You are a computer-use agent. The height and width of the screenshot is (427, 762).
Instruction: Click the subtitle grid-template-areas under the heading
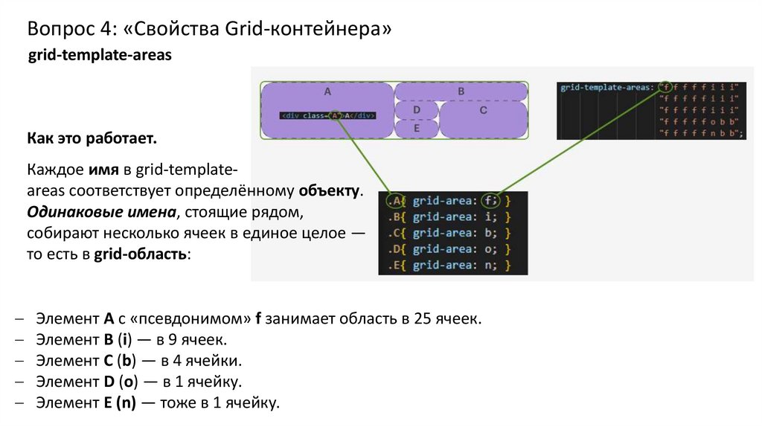click(100, 56)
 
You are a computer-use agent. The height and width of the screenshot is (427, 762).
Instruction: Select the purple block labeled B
click(461, 91)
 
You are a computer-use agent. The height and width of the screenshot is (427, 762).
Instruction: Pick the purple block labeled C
click(483, 119)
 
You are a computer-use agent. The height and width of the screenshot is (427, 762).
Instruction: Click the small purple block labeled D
click(416, 110)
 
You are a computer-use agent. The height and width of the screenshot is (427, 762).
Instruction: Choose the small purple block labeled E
click(416, 129)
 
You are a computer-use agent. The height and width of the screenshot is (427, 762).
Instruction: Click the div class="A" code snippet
click(328, 115)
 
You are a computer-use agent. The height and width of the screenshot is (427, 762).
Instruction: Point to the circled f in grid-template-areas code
click(665, 87)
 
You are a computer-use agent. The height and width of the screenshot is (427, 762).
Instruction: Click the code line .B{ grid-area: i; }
click(449, 217)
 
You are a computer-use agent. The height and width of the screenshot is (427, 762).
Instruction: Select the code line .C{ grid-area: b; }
click(449, 233)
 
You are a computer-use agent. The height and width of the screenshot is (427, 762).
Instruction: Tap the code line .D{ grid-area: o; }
click(449, 249)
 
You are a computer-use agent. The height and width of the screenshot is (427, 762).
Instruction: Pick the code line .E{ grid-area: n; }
click(449, 266)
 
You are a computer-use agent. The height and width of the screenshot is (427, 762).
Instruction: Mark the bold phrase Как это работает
click(92, 140)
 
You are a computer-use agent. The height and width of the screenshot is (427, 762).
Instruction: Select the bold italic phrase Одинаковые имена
click(101, 211)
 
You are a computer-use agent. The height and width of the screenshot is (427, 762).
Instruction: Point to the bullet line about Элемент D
click(138, 382)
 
